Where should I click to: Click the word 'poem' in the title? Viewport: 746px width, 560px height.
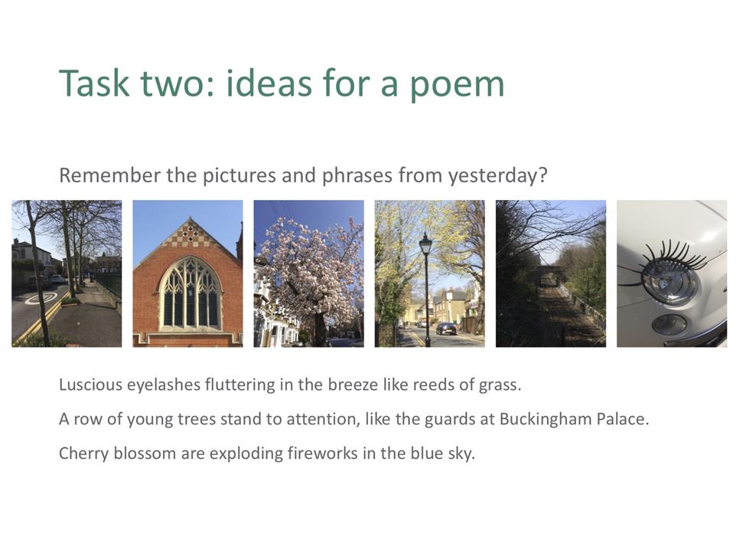[x=458, y=85]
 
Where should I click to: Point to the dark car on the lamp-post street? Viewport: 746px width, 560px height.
[x=446, y=329]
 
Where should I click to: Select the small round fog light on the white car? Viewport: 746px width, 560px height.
[x=669, y=325]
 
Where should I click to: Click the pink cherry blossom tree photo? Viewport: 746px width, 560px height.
[x=309, y=273]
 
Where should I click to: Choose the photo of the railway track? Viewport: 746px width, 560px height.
[x=550, y=273]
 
